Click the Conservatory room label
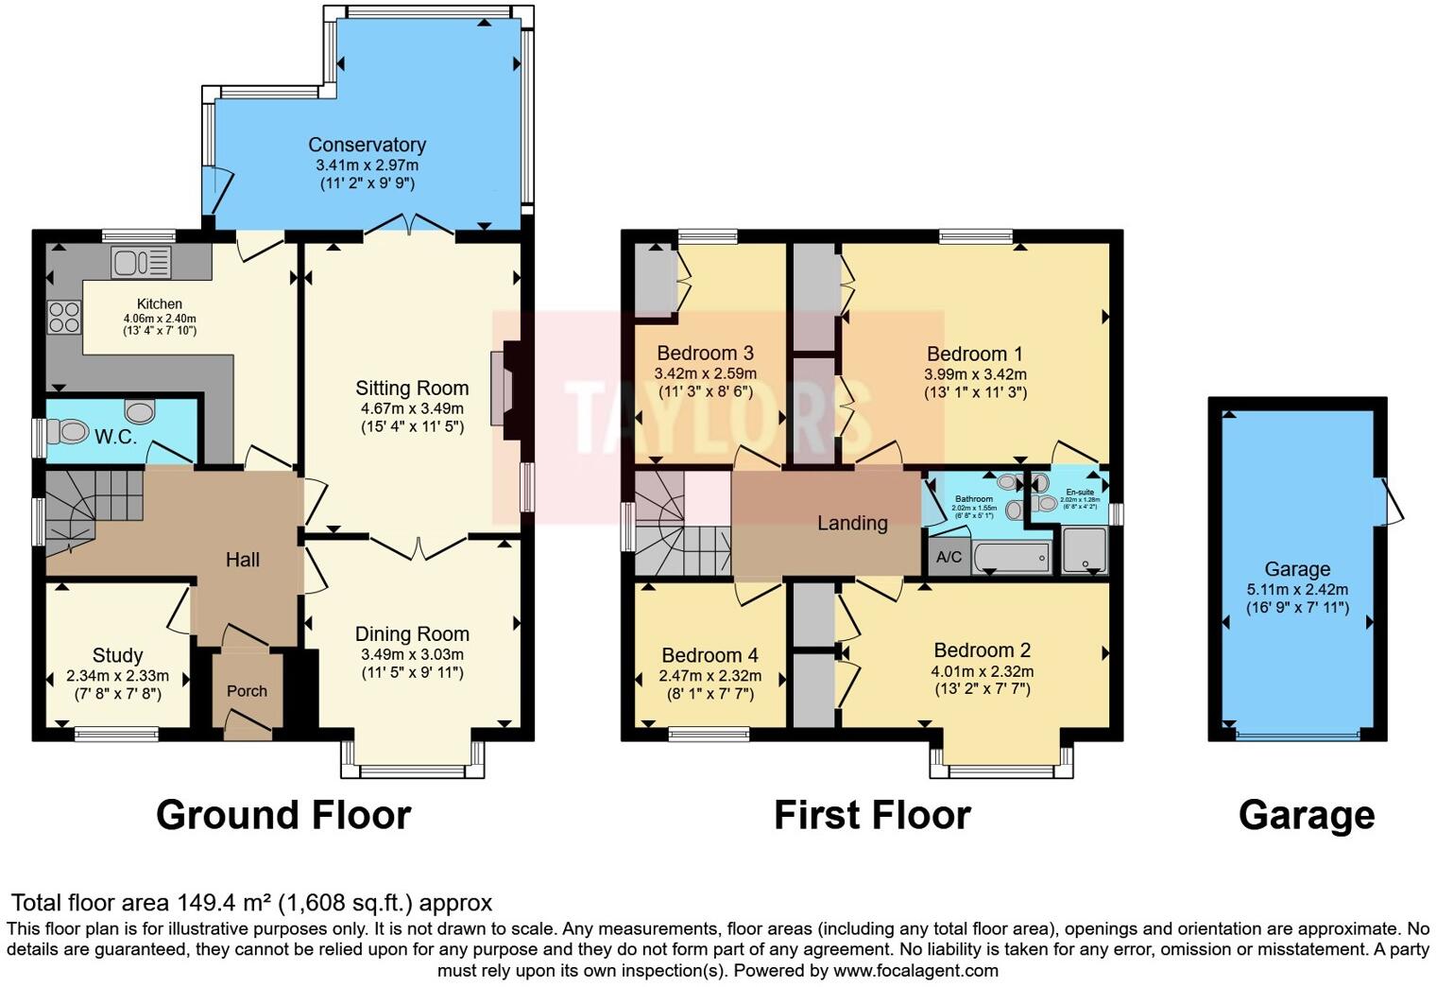pos(367,145)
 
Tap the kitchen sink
pos(141,262)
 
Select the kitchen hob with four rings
pos(64,316)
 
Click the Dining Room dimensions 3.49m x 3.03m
pos(412,654)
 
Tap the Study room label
pos(117,655)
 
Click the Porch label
pos(247,691)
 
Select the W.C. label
pos(115,438)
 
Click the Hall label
pos(243,560)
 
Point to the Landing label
pos(852,523)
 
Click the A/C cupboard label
pos(949,557)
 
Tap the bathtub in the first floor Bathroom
pos(1012,558)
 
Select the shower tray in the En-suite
pos(1085,551)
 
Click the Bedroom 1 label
pos(974,354)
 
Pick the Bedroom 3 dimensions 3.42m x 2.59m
pos(705,373)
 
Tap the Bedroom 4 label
pos(709,655)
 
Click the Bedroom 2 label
pos(982,650)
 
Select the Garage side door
pos(1393,501)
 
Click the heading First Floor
pos(872,815)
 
